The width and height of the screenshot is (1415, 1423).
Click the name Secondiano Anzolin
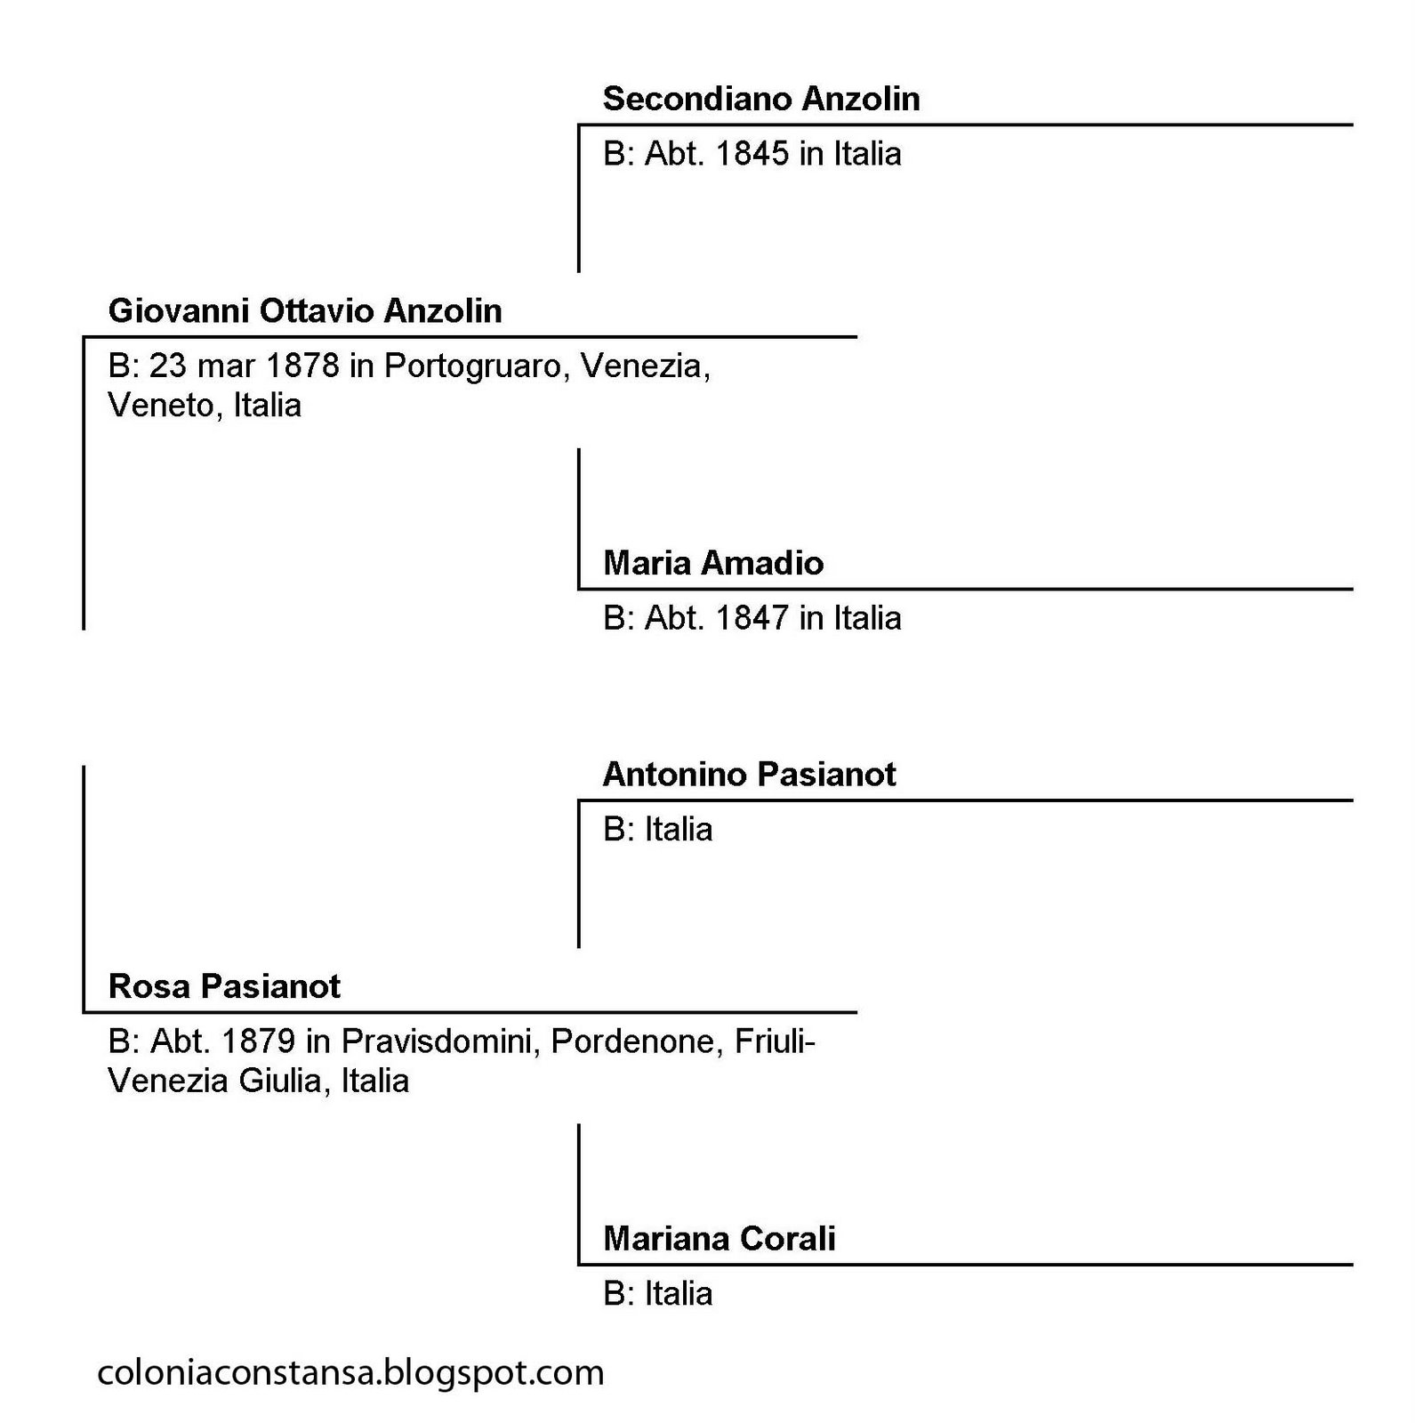(760, 99)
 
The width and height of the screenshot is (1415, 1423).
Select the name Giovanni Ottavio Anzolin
(305, 311)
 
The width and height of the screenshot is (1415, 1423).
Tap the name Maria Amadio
(713, 563)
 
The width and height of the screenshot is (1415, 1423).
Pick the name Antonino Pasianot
(749, 775)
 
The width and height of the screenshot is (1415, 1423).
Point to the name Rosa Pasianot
(224, 986)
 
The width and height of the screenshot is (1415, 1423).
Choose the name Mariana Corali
(719, 1239)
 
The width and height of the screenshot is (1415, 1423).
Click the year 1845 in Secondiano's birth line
(752, 154)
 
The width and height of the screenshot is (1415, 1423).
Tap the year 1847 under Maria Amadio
(752, 618)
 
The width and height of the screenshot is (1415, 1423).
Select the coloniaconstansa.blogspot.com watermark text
(350, 1372)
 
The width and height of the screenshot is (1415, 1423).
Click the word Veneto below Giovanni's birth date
(165, 406)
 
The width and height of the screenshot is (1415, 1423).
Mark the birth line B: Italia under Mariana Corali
(657, 1294)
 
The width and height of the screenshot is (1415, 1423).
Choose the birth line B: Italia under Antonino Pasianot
(657, 830)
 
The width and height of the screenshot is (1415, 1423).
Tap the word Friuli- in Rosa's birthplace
(776, 1041)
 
